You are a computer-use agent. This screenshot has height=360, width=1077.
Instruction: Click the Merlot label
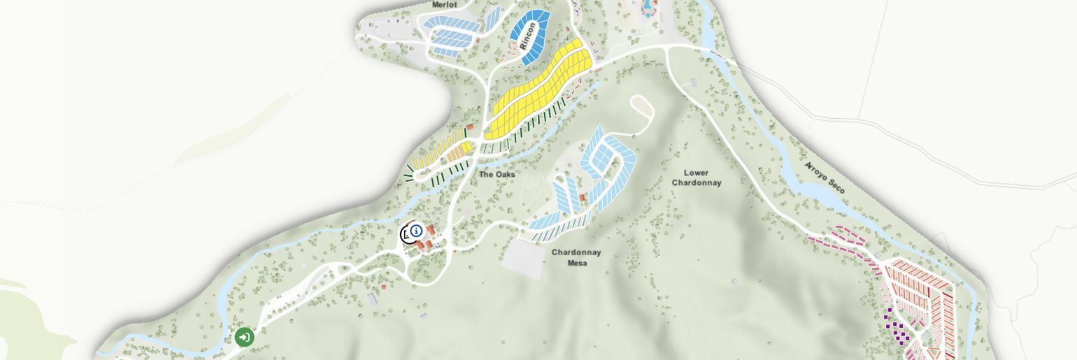pos(444,5)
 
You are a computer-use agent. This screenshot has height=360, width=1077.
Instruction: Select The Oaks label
pos(497,174)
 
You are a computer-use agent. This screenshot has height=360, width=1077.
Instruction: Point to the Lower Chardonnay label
pos(696,178)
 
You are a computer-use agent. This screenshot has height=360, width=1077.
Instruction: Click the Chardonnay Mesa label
pos(576,257)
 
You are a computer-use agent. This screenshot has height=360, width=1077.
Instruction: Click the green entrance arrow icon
pos(244,337)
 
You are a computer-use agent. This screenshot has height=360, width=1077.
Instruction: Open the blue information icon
pos(416,231)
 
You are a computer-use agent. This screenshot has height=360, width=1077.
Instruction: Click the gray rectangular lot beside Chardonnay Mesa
pos(524,258)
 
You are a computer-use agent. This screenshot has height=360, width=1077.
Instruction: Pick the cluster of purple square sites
pos(897,329)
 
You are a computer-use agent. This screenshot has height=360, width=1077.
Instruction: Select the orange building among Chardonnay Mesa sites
pos(582,198)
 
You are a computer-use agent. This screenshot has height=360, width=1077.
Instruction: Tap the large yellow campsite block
pos(538,91)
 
